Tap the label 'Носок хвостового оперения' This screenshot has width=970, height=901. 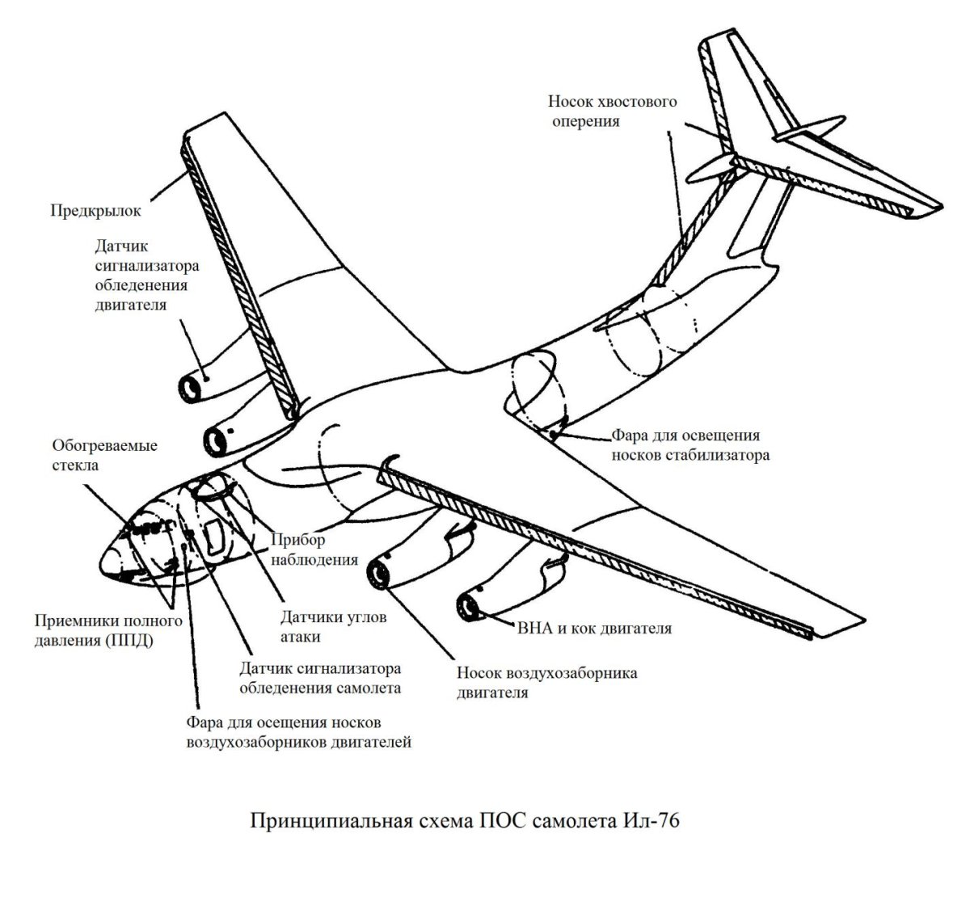tap(612, 112)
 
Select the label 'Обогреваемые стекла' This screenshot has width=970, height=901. tap(105, 455)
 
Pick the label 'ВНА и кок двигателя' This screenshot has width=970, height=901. tap(594, 627)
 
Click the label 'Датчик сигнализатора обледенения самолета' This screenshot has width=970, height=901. tap(321, 679)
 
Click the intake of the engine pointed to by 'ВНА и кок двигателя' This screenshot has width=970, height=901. tap(467, 607)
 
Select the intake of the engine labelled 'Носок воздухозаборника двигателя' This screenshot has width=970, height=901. tap(378, 574)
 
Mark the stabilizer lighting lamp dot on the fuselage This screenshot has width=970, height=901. tap(554, 436)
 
